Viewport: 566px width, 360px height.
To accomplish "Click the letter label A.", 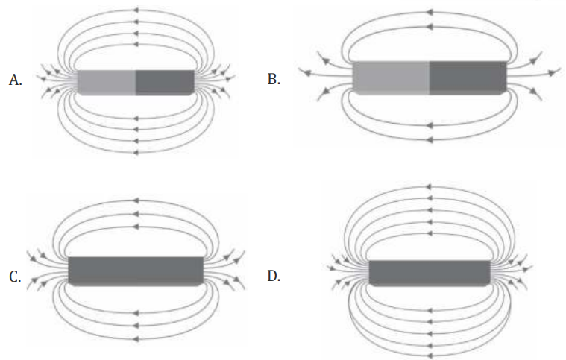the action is pos(15,80).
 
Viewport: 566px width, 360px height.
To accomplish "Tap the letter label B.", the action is pos(274,79).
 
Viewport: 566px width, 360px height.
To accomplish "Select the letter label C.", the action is pos(15,277).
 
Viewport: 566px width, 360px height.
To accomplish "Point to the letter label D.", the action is pos(274,276).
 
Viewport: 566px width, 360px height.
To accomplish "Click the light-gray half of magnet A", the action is pos(107,83).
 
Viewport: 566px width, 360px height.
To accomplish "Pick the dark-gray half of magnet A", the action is pos(165,83).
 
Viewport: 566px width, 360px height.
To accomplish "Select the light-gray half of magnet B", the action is pos(391,78).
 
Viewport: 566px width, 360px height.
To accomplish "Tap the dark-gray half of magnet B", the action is pos(468,78).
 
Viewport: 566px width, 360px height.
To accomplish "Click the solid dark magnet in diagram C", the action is pos(136,271).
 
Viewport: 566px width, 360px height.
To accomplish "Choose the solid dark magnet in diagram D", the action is pos(430,273).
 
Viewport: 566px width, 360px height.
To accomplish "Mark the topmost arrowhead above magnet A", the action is pos(136,10).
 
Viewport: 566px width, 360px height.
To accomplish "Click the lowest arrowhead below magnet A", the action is pos(136,153).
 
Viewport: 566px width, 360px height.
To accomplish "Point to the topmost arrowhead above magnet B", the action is pos(430,12).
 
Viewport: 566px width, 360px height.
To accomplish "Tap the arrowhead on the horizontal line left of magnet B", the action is pos(306,73).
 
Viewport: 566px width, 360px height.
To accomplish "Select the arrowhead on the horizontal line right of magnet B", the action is pos(553,73).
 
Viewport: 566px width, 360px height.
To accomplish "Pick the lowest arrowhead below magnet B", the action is pos(430,139).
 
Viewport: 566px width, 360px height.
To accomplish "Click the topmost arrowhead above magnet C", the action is pos(136,200).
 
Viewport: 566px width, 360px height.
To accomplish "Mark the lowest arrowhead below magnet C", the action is pos(136,339).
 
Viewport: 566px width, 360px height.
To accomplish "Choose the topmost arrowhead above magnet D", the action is pos(429,187).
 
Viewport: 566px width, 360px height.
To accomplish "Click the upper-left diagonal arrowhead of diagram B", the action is pos(326,61).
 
